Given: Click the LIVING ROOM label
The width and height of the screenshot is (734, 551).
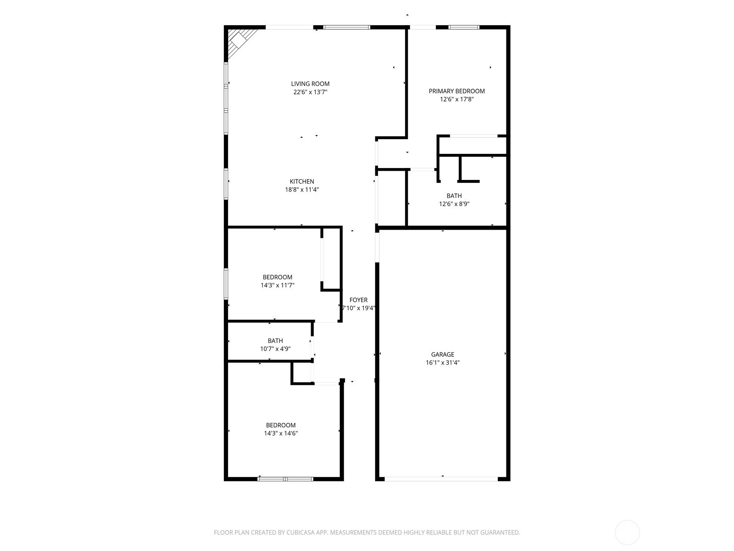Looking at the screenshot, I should (x=310, y=84).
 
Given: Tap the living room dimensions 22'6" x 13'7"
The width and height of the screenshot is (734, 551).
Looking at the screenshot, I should (x=310, y=92).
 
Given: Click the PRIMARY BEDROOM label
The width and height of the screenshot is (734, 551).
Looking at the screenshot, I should (x=456, y=91).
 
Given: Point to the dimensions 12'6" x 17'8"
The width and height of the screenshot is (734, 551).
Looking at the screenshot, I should (x=456, y=99).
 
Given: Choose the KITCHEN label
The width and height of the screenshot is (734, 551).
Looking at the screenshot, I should (x=302, y=181).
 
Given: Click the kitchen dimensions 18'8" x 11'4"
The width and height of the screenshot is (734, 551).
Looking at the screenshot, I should (x=302, y=190).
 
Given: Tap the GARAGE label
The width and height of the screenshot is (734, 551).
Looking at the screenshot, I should (x=443, y=354).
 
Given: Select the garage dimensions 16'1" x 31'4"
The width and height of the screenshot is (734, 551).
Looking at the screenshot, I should (x=443, y=363).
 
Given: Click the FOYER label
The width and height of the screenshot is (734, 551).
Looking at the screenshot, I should (x=358, y=300).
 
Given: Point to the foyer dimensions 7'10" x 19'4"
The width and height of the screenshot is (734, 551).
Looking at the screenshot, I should (x=358, y=308).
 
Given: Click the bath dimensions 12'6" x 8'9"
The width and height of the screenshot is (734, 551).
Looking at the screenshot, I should (x=454, y=204).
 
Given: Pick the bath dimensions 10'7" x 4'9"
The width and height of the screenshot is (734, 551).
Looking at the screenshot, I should (x=275, y=349).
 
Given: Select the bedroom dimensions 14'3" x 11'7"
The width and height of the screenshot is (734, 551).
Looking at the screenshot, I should (x=278, y=285).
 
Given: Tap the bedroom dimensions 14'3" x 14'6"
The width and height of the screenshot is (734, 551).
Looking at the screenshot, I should (x=281, y=433).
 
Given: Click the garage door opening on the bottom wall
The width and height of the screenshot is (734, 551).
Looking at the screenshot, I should (x=441, y=479).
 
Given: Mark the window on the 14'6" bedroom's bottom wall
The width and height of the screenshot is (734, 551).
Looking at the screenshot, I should (x=285, y=479).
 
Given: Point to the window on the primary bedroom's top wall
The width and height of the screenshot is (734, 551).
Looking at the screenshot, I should (x=464, y=28).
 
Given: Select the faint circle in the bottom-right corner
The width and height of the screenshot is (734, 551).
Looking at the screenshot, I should (x=627, y=533).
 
